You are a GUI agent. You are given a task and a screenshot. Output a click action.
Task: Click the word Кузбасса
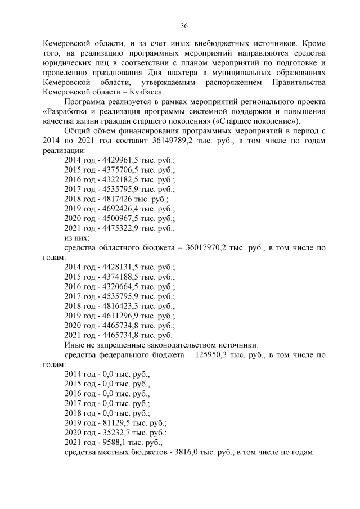(146, 91)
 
